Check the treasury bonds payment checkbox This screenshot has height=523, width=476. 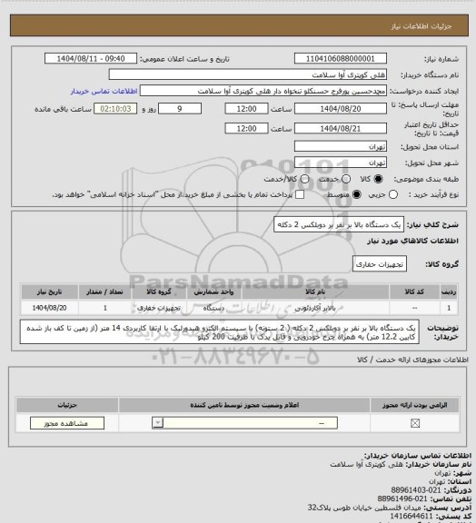[292, 194]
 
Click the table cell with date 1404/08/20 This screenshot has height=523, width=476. [45, 308]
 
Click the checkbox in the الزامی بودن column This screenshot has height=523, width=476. [415, 423]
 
